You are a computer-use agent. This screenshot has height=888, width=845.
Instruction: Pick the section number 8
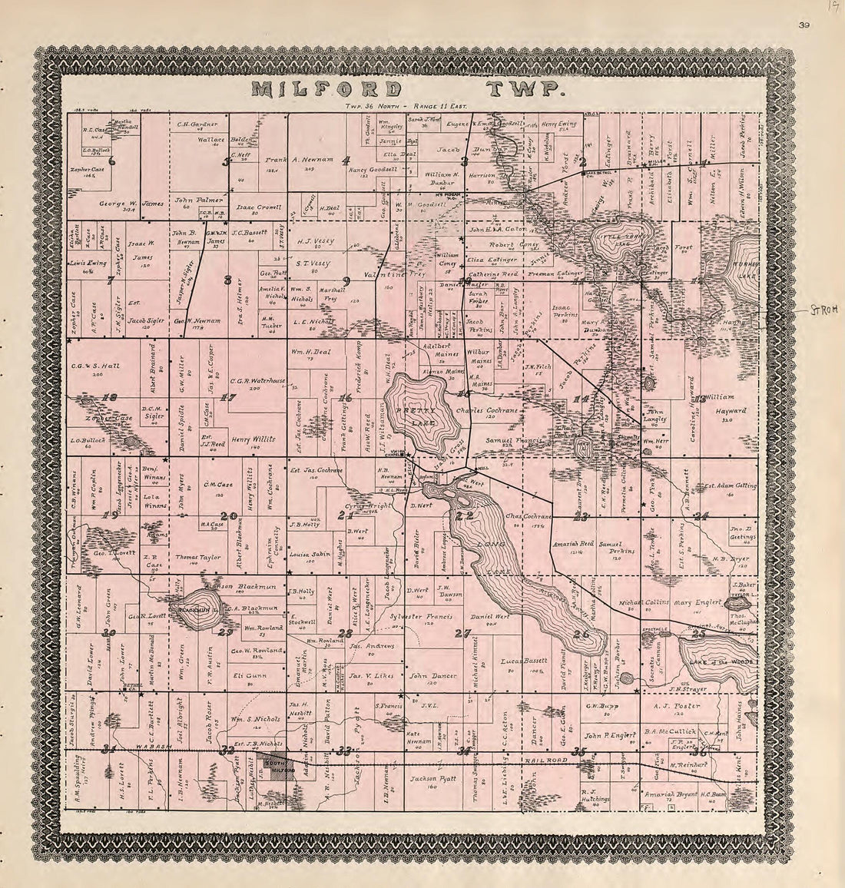point(227,280)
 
